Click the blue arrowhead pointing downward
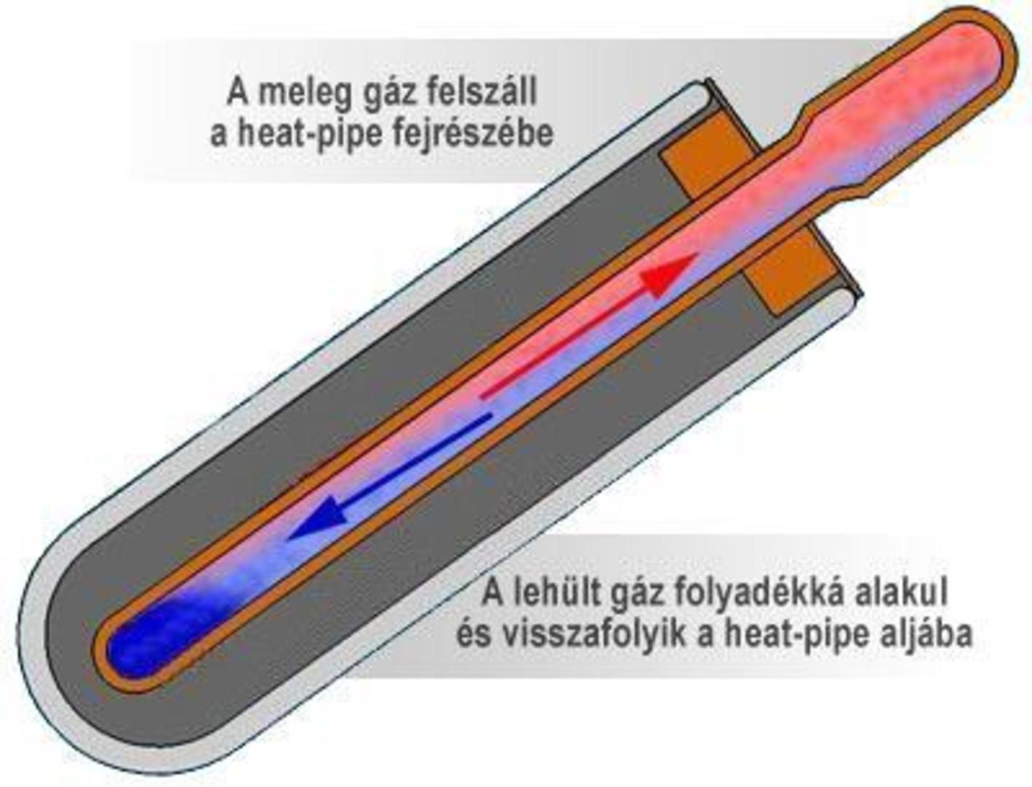click(318, 521)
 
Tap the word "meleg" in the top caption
click(305, 95)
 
